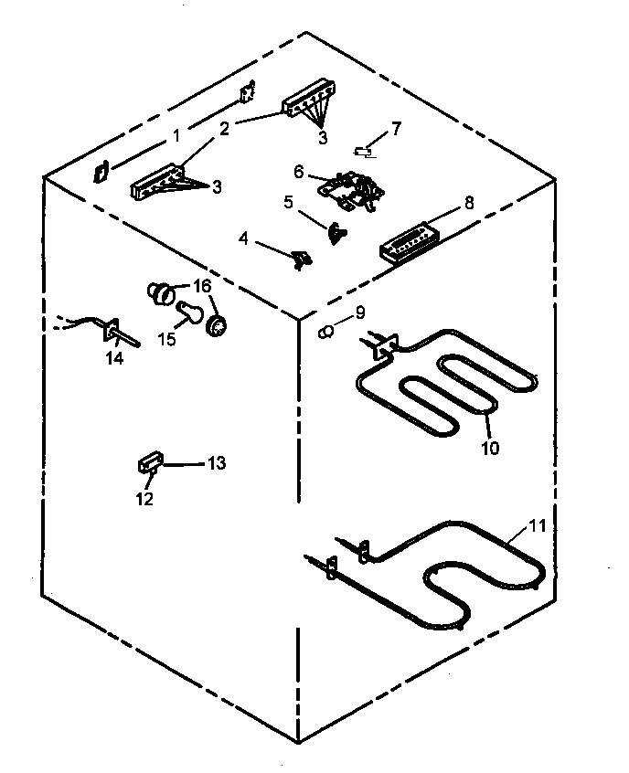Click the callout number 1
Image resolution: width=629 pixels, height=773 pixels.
[176, 138]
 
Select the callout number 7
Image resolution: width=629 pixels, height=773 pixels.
[395, 128]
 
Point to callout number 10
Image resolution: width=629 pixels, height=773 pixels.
[491, 449]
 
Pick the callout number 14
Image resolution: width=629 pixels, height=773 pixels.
[114, 358]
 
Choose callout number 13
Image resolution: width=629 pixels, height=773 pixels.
[216, 463]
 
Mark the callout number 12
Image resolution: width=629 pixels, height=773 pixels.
[145, 499]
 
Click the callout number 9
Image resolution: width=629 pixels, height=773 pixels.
[358, 312]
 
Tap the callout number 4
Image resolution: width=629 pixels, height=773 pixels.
[244, 238]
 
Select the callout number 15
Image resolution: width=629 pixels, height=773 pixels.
[166, 339]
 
